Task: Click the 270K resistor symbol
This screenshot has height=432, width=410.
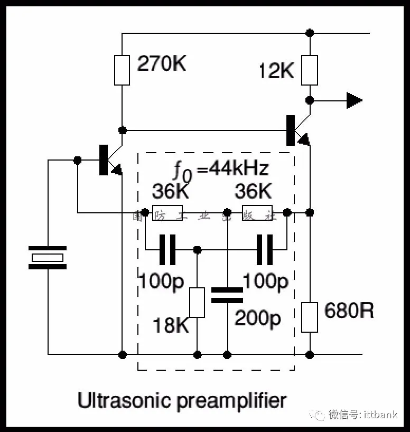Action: [x=122, y=70]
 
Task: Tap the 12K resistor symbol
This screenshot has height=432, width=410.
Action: [x=310, y=70]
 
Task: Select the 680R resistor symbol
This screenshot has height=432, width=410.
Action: [x=310, y=317]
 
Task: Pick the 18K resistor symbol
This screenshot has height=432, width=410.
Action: [x=197, y=303]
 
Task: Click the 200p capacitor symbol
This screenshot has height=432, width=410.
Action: [x=227, y=295]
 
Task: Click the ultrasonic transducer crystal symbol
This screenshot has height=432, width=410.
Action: [x=48, y=258]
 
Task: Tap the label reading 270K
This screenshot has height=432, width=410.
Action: [x=162, y=64]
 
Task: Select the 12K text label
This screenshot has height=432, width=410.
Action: [x=276, y=71]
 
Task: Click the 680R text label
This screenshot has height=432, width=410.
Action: [x=349, y=311]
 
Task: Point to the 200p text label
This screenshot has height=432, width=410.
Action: [x=257, y=318]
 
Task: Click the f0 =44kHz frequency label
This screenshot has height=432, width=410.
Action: [x=221, y=169]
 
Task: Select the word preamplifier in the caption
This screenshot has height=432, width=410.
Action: [x=231, y=401]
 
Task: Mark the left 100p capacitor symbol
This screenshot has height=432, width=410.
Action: [x=167, y=250]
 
